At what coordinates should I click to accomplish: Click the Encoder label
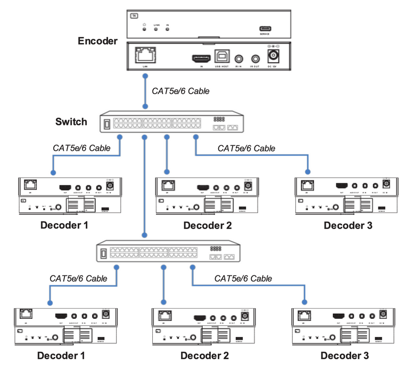97,41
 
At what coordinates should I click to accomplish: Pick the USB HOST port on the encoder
221,57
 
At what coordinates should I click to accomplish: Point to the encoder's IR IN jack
238,57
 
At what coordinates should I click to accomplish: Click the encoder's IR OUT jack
256,57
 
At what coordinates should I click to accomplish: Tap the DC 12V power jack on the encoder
276,56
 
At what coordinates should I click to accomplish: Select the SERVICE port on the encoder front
265,29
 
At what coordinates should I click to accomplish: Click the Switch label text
71,122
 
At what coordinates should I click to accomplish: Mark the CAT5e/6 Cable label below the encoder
181,91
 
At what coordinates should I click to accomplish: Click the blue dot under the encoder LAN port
144,76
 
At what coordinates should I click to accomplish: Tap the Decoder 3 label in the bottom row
344,356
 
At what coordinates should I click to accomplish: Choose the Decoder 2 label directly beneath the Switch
208,225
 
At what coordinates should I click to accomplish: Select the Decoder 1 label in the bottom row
61,356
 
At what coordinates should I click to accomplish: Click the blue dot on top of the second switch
144,234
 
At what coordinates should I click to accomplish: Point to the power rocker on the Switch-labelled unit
106,124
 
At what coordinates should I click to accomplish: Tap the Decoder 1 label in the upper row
64,225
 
